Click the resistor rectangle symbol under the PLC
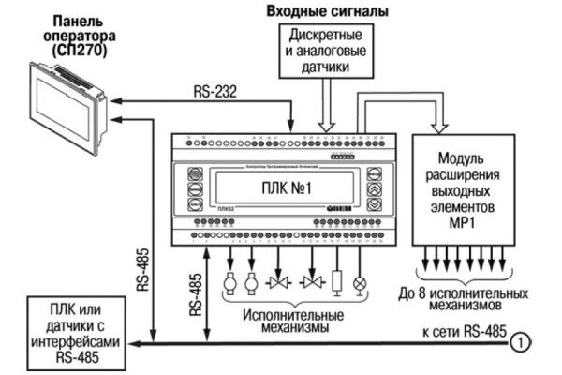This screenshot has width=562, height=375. [335, 281]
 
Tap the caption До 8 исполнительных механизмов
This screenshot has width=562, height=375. [465, 298]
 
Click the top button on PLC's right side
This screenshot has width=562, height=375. [373, 173]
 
